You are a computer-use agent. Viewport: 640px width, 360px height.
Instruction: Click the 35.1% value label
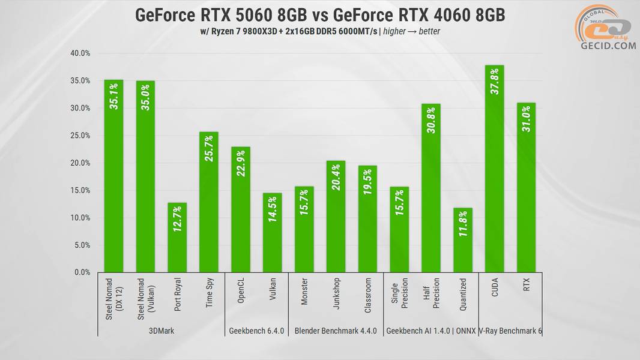coord(114,96)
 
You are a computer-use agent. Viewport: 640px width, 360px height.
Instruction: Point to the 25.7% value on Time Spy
coord(209,148)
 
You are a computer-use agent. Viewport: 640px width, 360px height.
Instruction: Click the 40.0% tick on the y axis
coord(80,53)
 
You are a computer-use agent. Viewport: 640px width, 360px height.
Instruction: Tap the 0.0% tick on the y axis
coord(81,272)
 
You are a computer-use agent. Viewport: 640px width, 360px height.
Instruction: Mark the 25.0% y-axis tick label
coord(80,136)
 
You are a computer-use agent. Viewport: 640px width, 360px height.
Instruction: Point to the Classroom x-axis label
coord(367,292)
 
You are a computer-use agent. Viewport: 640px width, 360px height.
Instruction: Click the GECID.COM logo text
coord(608,46)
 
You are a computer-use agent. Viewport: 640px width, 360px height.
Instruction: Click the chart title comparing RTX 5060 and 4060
coord(319,15)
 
